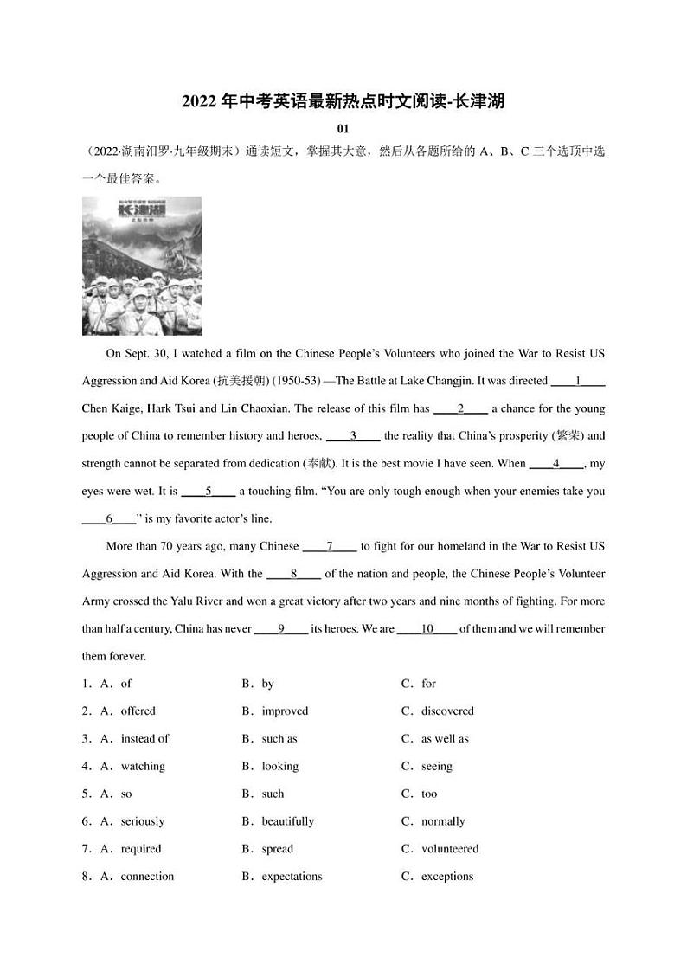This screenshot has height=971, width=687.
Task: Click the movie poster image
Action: pos(142,266)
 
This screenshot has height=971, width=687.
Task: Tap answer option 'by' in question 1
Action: pos(267,684)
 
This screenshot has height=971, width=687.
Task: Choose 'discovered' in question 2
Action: pos(447,711)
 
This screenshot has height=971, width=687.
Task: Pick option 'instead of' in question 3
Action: pos(144,739)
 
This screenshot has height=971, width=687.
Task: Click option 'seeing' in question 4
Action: pos(436,767)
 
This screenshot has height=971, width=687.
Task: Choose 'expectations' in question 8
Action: pos(292,877)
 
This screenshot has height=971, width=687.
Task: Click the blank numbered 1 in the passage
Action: pos(577,381)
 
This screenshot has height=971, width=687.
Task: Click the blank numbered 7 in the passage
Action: pos(330,547)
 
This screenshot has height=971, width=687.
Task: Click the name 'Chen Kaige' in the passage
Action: pos(112,408)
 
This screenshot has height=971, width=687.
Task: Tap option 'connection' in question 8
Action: pos(147,877)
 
